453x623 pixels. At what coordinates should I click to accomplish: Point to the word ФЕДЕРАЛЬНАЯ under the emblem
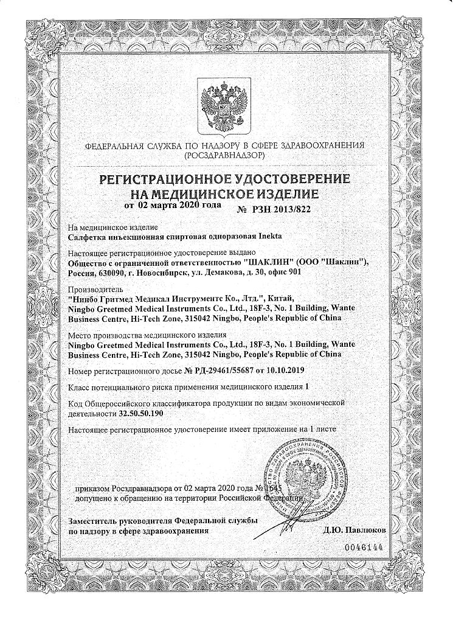(115, 146)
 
